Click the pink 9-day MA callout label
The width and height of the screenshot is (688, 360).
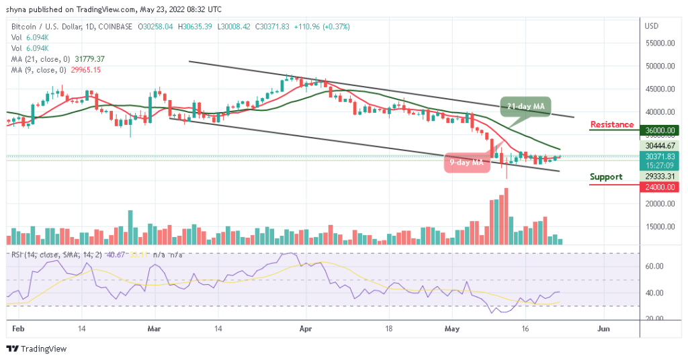[466, 162]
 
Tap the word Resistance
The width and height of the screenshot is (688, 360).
[611, 124]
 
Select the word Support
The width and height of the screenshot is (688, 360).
[606, 177]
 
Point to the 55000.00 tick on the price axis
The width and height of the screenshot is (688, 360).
[659, 43]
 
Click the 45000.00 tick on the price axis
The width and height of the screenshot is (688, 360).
[659, 89]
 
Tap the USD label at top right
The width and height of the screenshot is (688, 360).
[651, 26]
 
